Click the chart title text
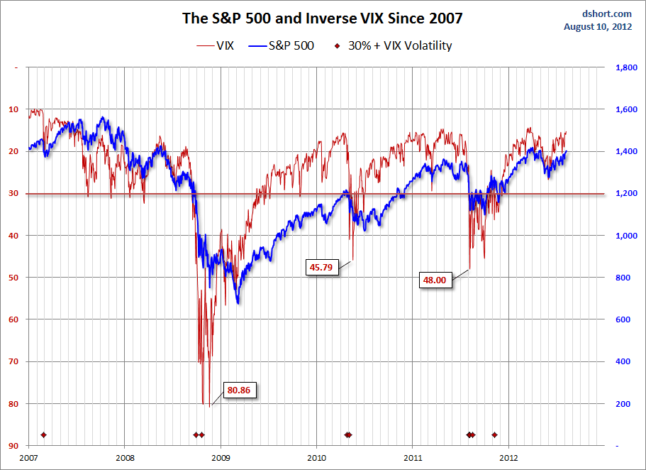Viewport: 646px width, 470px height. [323, 18]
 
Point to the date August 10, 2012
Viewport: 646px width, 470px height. [598, 27]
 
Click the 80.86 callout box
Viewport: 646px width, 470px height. [240, 390]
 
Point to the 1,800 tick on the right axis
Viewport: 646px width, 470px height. [625, 67]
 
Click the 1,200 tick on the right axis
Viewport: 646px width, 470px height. [625, 194]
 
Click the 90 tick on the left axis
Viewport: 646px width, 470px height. [14, 446]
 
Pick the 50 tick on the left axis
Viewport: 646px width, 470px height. [14, 278]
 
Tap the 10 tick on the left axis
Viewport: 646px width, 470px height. [14, 109]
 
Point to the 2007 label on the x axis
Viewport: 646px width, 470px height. [29, 459]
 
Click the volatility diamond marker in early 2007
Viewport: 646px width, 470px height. [43, 435]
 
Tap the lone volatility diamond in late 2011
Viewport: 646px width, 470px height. [494, 435]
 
